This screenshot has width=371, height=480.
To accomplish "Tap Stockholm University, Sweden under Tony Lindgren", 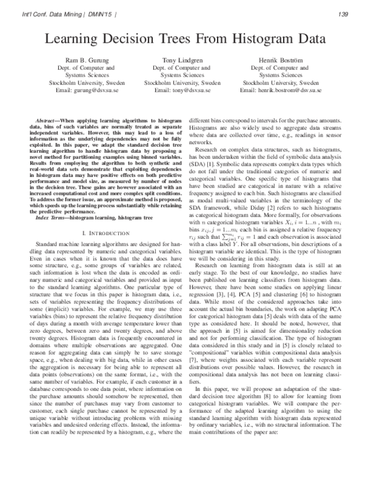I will click(182, 82).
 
